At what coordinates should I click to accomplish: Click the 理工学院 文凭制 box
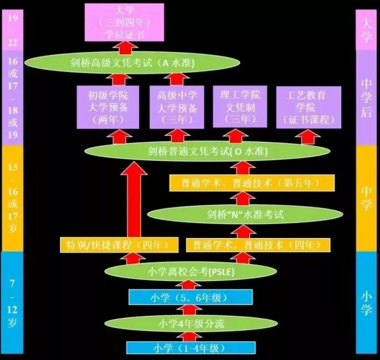237,107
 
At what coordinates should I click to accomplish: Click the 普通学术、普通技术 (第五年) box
252,182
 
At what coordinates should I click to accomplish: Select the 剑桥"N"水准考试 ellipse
245,214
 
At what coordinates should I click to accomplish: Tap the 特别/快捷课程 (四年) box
119,245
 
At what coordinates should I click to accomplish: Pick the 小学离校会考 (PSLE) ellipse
190,272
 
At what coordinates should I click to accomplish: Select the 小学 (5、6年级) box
190,298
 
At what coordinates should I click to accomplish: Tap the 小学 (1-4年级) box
190,348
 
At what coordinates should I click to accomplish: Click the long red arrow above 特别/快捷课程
134,199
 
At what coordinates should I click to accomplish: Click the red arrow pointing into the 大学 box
125,48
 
